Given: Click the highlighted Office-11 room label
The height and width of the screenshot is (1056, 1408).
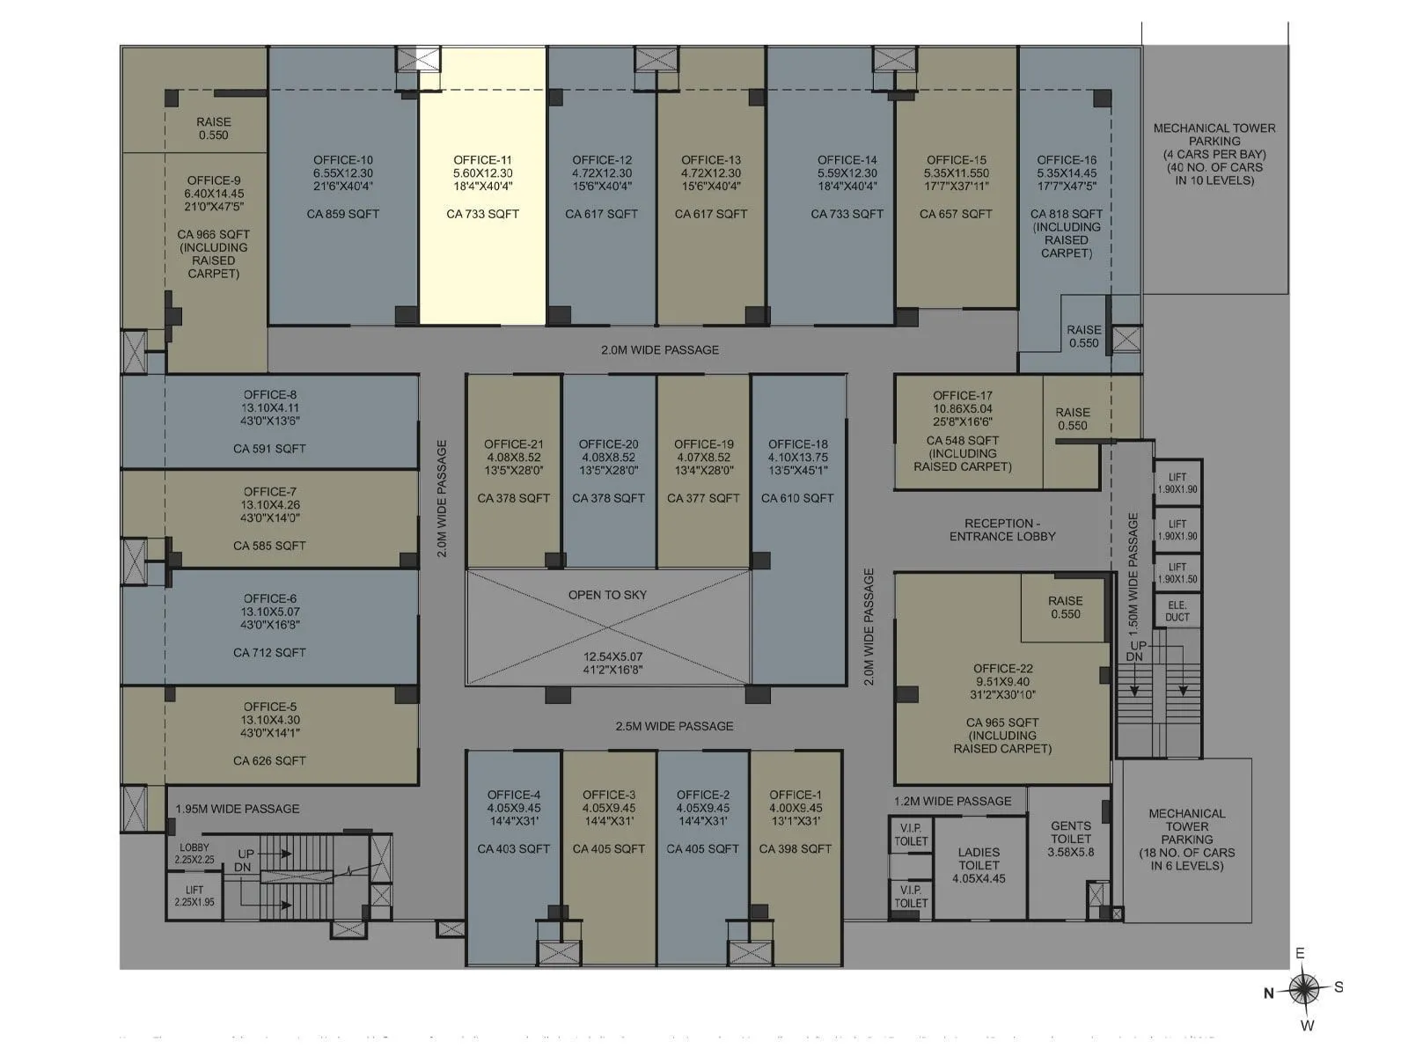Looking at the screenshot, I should (x=482, y=160).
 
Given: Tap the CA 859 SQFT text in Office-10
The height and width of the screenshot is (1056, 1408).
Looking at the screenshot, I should (x=342, y=214).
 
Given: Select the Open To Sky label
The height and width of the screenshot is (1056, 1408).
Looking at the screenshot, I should (x=607, y=595).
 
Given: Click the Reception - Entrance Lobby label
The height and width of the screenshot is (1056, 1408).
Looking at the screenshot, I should (x=1002, y=530).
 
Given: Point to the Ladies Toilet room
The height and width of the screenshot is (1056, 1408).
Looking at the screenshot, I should (x=979, y=865).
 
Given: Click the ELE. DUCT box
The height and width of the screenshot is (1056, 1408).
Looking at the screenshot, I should (x=1177, y=611).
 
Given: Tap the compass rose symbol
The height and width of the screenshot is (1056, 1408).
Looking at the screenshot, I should (x=1304, y=989).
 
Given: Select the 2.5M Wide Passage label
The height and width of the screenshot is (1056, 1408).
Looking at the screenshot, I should (x=674, y=726).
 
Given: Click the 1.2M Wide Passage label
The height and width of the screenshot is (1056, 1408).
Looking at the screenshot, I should (x=953, y=801).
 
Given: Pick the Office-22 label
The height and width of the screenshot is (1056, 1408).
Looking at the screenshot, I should (x=1002, y=669).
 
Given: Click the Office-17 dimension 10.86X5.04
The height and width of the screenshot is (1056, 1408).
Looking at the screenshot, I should (x=963, y=408).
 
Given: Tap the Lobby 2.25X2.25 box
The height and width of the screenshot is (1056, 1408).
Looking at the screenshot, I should (x=194, y=854).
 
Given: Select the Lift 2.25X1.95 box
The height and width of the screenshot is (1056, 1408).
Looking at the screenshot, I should (x=194, y=896).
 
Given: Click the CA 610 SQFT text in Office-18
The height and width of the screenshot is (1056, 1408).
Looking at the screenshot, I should (x=797, y=498).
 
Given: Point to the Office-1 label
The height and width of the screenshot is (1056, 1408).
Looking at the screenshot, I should (x=796, y=795).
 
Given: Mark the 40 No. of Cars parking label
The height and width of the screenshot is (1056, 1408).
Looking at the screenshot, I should (x=1214, y=167).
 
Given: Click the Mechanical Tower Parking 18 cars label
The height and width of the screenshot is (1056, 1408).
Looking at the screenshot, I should (x=1186, y=840).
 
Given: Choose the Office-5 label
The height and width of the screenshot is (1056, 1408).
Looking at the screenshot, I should (x=269, y=707).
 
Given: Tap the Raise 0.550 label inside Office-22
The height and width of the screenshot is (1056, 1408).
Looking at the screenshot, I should (x=1065, y=607).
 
